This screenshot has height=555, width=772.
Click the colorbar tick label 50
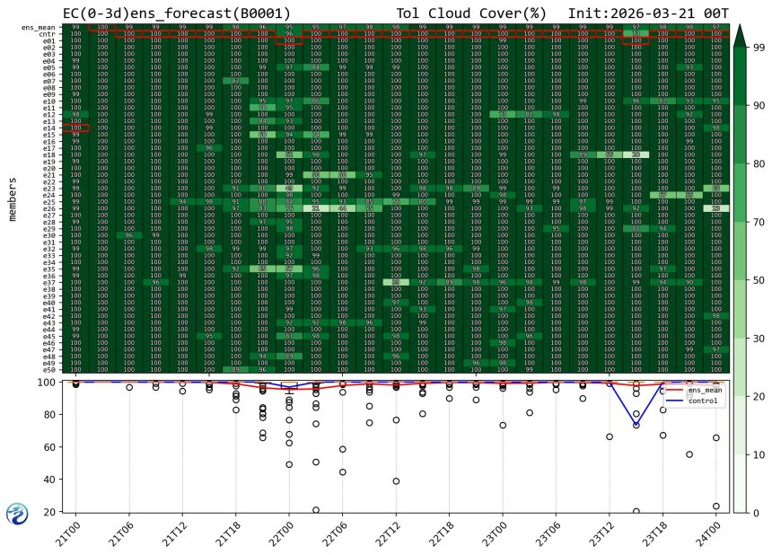point(758,280)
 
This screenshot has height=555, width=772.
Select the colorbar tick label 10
point(758,454)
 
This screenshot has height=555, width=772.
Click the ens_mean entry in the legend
point(704,391)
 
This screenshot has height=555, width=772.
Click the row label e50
point(49,369)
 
